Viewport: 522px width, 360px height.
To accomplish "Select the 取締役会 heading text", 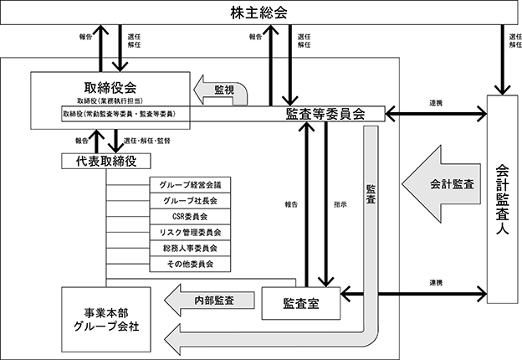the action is [x=110, y=88].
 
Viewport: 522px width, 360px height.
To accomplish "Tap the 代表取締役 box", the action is [x=106, y=161].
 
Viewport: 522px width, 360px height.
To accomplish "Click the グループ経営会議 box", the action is [x=190, y=185].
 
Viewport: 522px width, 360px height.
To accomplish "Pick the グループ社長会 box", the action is [x=190, y=201].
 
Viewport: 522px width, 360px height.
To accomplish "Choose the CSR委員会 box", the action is [x=190, y=217].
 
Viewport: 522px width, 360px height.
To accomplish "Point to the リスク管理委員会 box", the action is [x=190, y=233].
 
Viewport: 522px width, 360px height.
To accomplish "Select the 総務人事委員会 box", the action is [x=190, y=248].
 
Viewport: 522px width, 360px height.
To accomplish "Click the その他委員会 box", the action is [x=190, y=264].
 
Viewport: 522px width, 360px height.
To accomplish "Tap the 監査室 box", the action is [x=301, y=303].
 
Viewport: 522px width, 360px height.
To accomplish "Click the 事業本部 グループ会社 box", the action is [x=106, y=320].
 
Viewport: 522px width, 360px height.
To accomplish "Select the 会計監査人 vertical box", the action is [x=503, y=199].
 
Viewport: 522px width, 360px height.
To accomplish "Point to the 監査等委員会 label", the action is [x=325, y=114].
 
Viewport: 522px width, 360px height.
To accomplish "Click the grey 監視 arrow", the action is [x=220, y=90].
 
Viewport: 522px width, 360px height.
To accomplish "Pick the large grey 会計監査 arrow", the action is [x=441, y=184].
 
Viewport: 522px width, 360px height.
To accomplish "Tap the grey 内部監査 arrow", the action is [x=209, y=301].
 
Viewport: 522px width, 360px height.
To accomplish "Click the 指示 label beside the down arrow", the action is [x=340, y=204].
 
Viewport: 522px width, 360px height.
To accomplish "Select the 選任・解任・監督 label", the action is [x=147, y=141].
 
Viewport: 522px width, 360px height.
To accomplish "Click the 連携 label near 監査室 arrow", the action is [x=436, y=283].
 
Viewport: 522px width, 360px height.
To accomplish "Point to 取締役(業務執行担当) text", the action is [x=110, y=100].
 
